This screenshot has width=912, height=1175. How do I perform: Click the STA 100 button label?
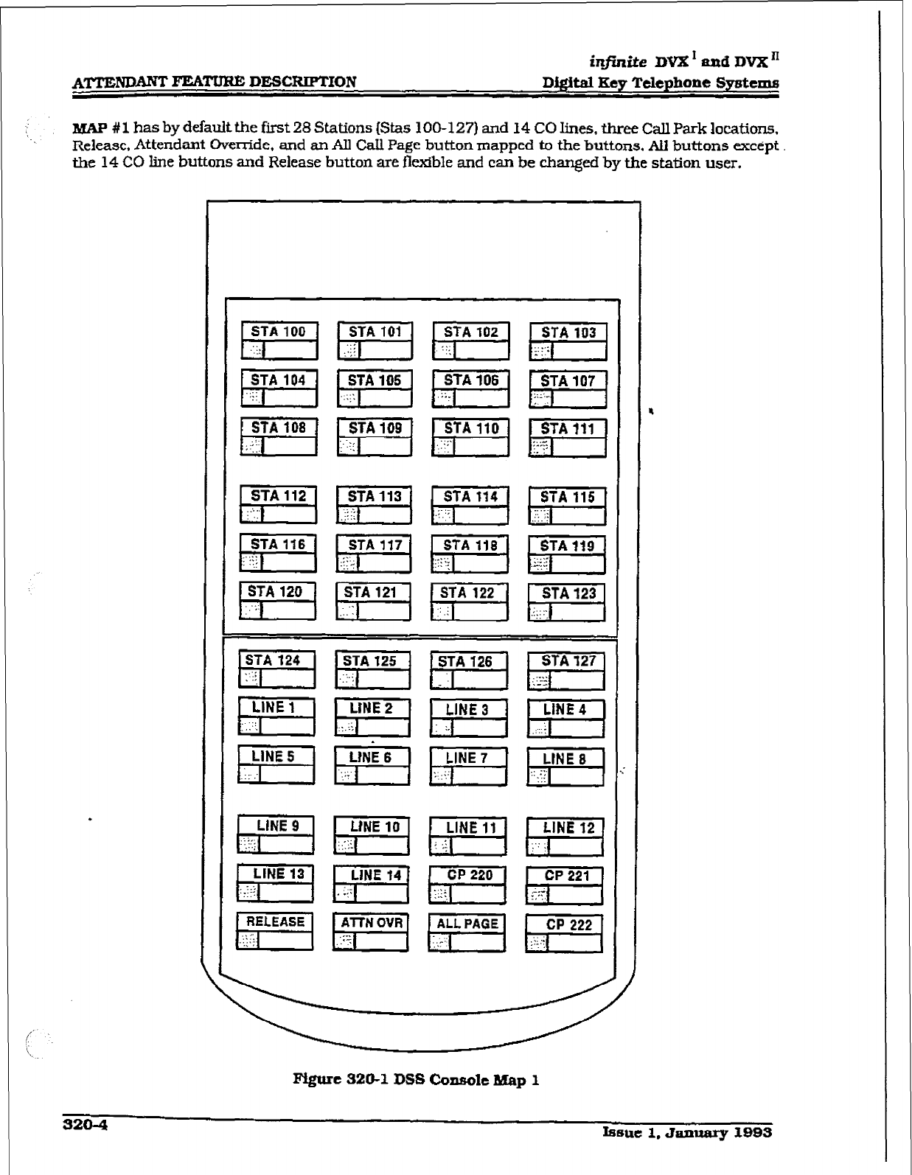pyautogui.click(x=279, y=332)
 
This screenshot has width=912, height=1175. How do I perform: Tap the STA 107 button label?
pyautogui.click(x=567, y=380)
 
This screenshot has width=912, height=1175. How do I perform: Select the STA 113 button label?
pyautogui.click(x=374, y=496)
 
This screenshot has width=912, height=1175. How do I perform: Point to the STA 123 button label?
pyautogui.click(x=568, y=593)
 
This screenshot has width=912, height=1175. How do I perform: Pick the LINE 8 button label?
pyautogui.click(x=564, y=759)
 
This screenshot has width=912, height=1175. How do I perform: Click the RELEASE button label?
pyautogui.click(x=275, y=921)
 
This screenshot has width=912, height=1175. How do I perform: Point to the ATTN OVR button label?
pyautogui.click(x=372, y=923)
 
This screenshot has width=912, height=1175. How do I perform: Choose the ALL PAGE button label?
pyautogui.click(x=467, y=924)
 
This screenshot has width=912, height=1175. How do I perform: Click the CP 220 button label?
pyautogui.click(x=470, y=875)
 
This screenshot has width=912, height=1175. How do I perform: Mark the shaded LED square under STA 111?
pyautogui.click(x=540, y=447)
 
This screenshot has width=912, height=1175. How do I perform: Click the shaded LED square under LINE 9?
pyautogui.click(x=247, y=844)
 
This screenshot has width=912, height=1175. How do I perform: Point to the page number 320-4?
pyautogui.click(x=85, y=1125)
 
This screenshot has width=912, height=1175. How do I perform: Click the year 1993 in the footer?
pyautogui.click(x=746, y=1132)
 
